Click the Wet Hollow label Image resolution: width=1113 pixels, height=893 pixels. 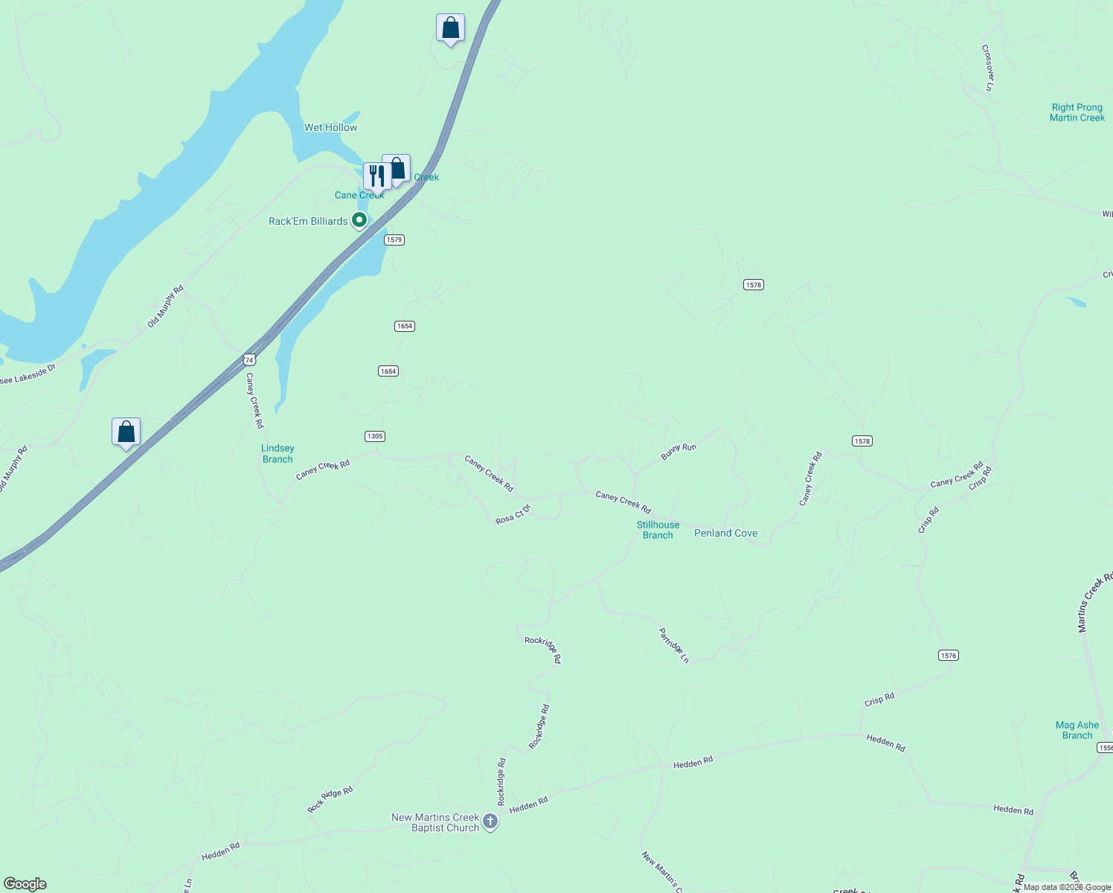pyautogui.click(x=330, y=127)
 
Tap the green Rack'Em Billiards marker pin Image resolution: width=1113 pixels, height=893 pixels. pyautogui.click(x=359, y=220)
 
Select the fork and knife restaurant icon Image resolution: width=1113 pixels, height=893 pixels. pyautogui.click(x=376, y=176)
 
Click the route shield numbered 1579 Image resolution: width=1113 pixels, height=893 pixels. pyautogui.click(x=394, y=240)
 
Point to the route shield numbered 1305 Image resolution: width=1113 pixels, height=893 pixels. pyautogui.click(x=375, y=436)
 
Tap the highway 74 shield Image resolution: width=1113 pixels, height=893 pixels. pyautogui.click(x=249, y=359)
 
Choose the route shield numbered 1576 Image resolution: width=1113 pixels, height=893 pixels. pyautogui.click(x=949, y=655)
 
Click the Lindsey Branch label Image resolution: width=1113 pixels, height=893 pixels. pyautogui.click(x=278, y=454)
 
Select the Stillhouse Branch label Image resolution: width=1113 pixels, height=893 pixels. pyautogui.click(x=658, y=530)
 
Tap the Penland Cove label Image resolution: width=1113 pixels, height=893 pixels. pyautogui.click(x=725, y=533)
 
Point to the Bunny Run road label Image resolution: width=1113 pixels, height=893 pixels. pyautogui.click(x=679, y=451)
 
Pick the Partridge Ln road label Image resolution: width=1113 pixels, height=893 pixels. pyautogui.click(x=674, y=645)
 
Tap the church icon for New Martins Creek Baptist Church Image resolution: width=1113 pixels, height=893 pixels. pyautogui.click(x=490, y=822)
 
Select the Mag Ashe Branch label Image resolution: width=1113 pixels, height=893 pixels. pyautogui.click(x=1077, y=730)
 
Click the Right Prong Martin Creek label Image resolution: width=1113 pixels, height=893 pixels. pyautogui.click(x=1077, y=112)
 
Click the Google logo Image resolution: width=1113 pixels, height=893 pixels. pyautogui.click(x=25, y=884)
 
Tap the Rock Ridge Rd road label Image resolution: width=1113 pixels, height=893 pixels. pyautogui.click(x=330, y=800)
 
